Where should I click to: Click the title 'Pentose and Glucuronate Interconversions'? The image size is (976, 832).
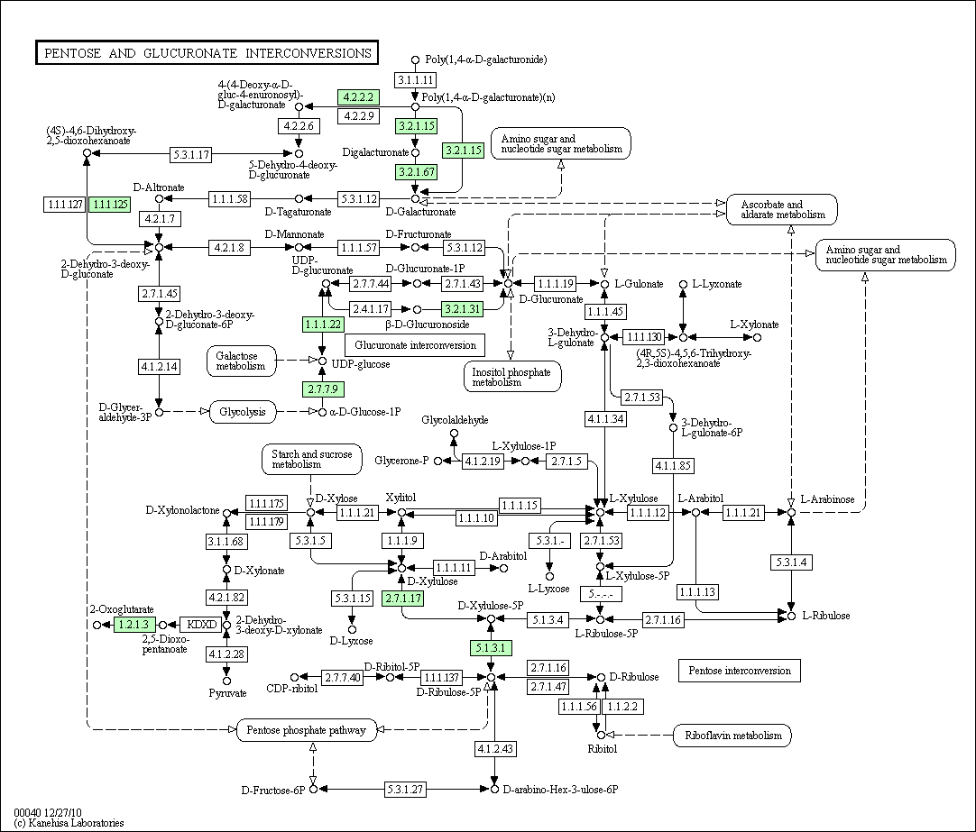tap(207, 53)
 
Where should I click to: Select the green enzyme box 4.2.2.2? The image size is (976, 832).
tap(358, 96)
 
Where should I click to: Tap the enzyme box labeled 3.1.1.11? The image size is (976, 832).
tap(416, 81)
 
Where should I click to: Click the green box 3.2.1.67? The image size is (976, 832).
tap(416, 171)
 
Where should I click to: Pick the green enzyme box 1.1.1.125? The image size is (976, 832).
tap(110, 205)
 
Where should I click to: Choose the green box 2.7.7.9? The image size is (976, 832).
tap(322, 389)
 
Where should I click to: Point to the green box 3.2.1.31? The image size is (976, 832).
tap(463, 309)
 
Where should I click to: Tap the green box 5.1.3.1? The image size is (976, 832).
tap(491, 647)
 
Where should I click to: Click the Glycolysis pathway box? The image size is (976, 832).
tap(243, 412)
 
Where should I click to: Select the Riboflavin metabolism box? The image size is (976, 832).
tap(732, 736)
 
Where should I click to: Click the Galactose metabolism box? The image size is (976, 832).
tap(240, 361)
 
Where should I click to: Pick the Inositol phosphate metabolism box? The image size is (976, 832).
tap(512, 376)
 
